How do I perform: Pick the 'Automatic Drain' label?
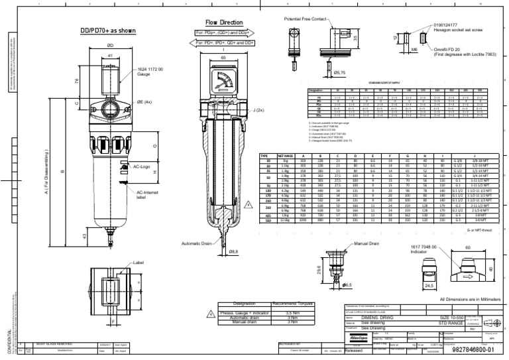[196, 244]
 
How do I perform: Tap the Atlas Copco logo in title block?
[357, 337]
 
